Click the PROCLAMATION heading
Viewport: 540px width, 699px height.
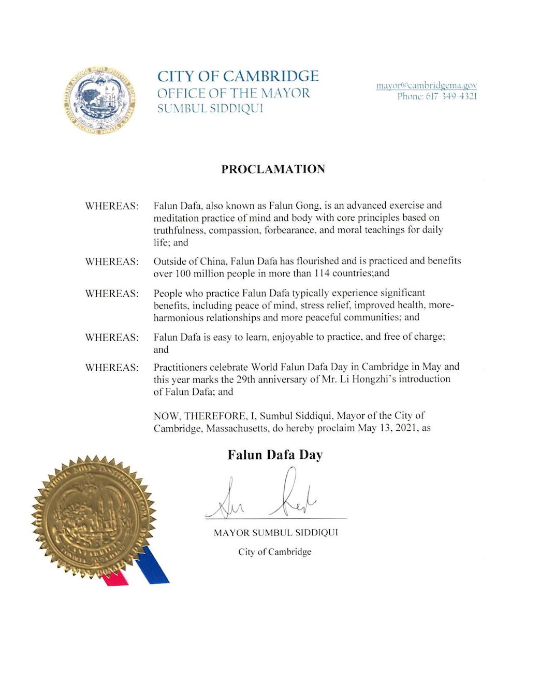coord(273,169)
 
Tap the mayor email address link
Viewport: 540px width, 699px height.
coord(426,85)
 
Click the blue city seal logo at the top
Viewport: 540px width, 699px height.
coord(100,100)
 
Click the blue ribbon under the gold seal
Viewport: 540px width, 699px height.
coord(152,565)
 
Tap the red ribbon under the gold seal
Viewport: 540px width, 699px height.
coord(115,578)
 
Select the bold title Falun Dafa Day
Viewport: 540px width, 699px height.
coord(275,455)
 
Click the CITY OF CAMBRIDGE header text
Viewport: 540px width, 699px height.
coord(238,77)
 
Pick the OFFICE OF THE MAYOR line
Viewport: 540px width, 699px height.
coord(233,93)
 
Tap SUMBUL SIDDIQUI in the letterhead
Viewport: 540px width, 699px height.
coord(210,109)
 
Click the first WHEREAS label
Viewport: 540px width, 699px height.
coord(112,206)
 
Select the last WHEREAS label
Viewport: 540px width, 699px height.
coord(112,368)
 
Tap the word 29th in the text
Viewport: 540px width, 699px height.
coord(245,379)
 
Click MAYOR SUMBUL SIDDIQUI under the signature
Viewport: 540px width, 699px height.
coord(275,533)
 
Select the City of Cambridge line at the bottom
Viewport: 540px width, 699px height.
coord(274,552)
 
